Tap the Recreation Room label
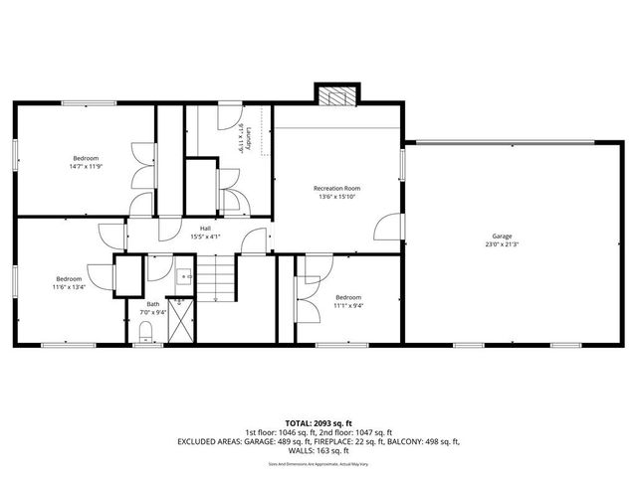coord(336,188)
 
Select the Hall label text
coord(204,229)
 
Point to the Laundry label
coord(262,139)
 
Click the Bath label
coord(152,304)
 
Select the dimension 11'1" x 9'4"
coord(348,306)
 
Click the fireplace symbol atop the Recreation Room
coord(330,94)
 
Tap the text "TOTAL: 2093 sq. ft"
coord(318,423)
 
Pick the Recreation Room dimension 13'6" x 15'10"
coord(336,197)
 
